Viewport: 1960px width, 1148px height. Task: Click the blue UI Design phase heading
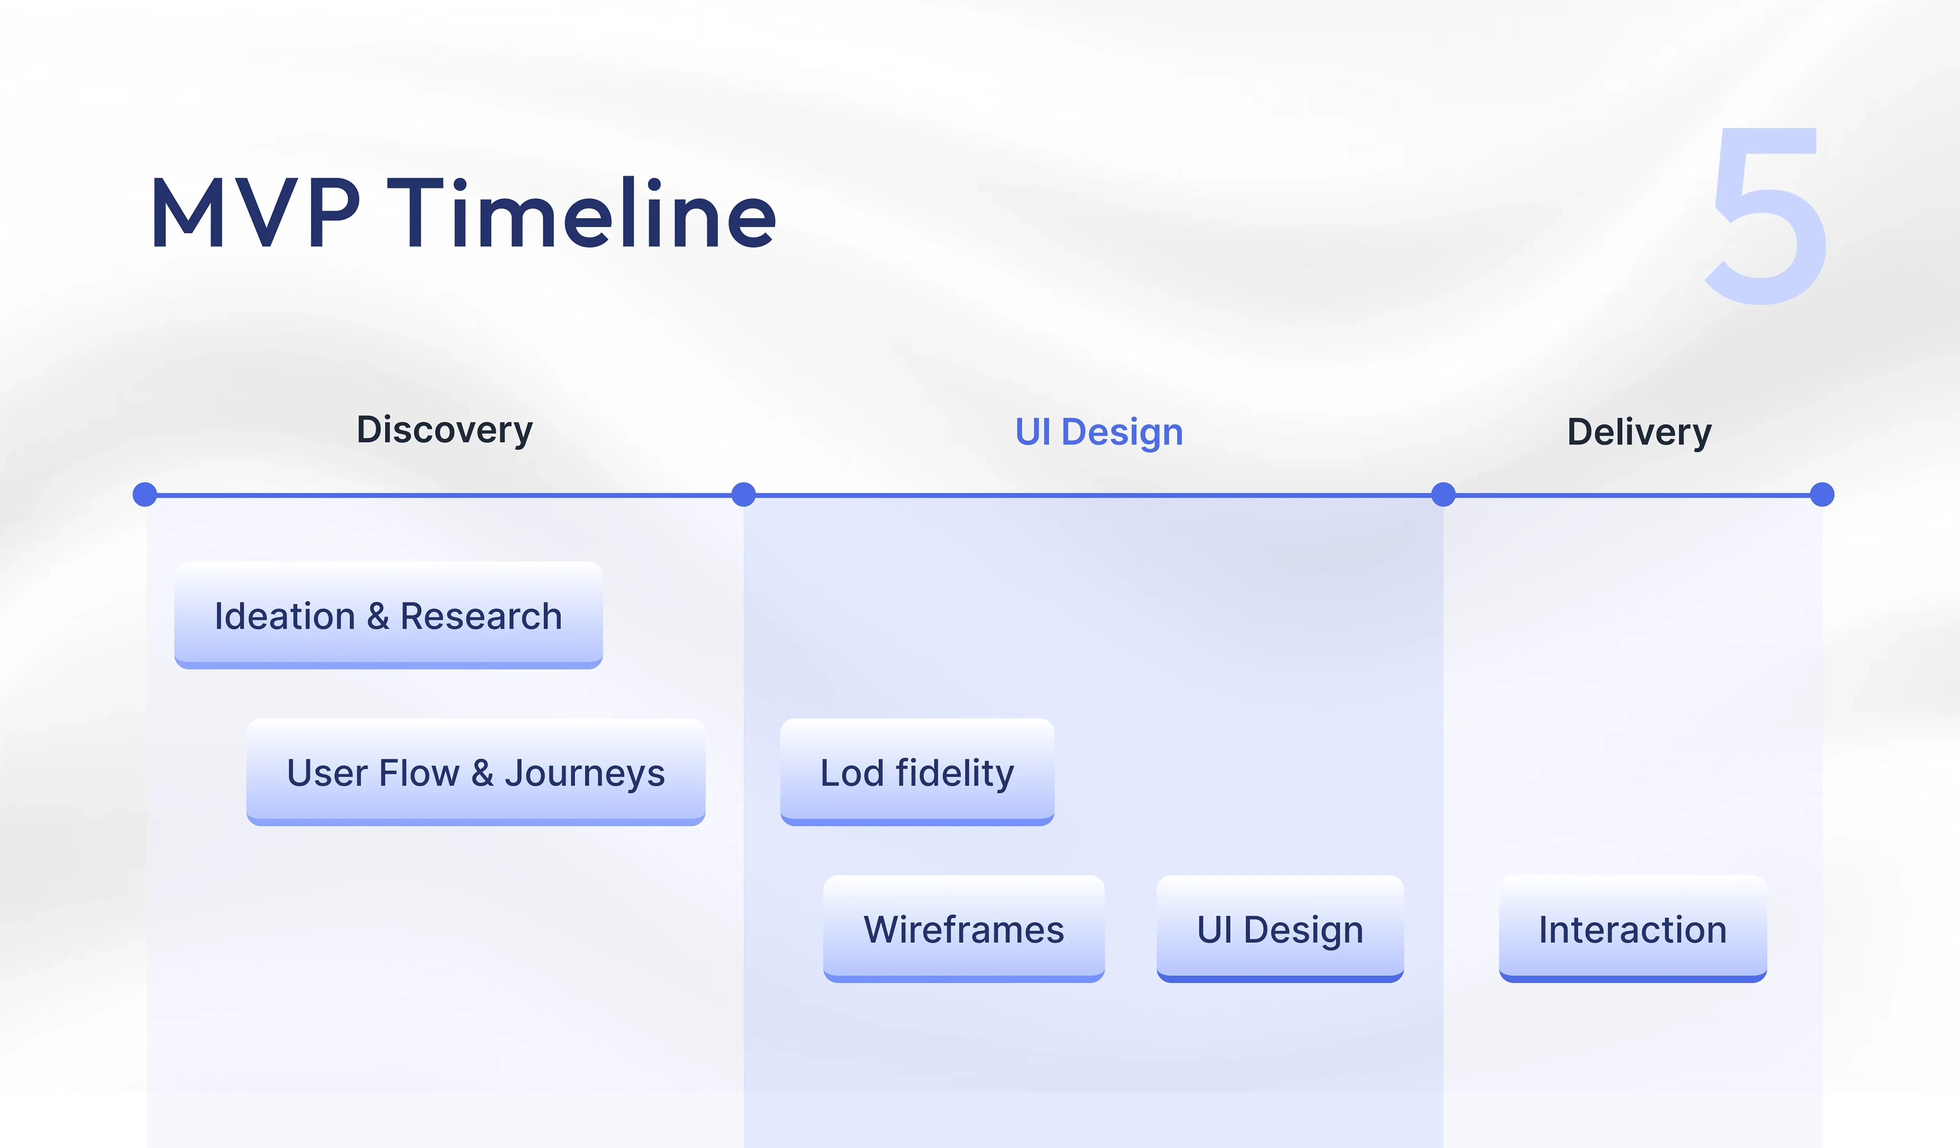pyautogui.click(x=1098, y=432)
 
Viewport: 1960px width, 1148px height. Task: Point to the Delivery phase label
pyautogui.click(x=1639, y=432)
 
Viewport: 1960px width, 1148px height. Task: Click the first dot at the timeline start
pyautogui.click(x=144, y=495)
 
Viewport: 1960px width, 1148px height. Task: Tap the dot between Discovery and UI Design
pyautogui.click(x=744, y=495)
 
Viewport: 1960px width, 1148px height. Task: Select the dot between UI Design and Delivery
pyautogui.click(x=1443, y=495)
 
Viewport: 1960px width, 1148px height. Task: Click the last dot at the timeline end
pyautogui.click(x=1822, y=495)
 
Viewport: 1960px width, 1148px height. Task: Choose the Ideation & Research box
pyautogui.click(x=388, y=615)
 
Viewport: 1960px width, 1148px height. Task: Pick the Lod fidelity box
pyautogui.click(x=917, y=772)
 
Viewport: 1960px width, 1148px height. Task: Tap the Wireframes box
pyautogui.click(x=964, y=930)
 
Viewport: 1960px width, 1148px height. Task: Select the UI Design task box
pyautogui.click(x=1280, y=930)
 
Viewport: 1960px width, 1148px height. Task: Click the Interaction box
pyautogui.click(x=1632, y=930)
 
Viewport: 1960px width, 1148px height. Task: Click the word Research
pyautogui.click(x=481, y=617)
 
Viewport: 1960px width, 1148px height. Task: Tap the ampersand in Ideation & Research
pyautogui.click(x=378, y=617)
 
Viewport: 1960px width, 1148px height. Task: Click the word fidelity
pyautogui.click(x=954, y=774)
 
